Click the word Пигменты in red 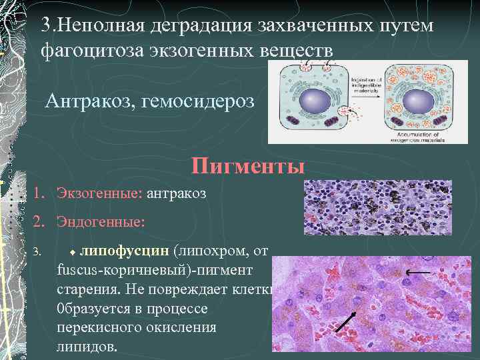click(x=248, y=165)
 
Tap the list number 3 click(x=39, y=252)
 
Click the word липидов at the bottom click(x=85, y=347)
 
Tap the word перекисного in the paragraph click(x=97, y=328)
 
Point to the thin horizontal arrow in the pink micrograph click(x=418, y=273)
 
